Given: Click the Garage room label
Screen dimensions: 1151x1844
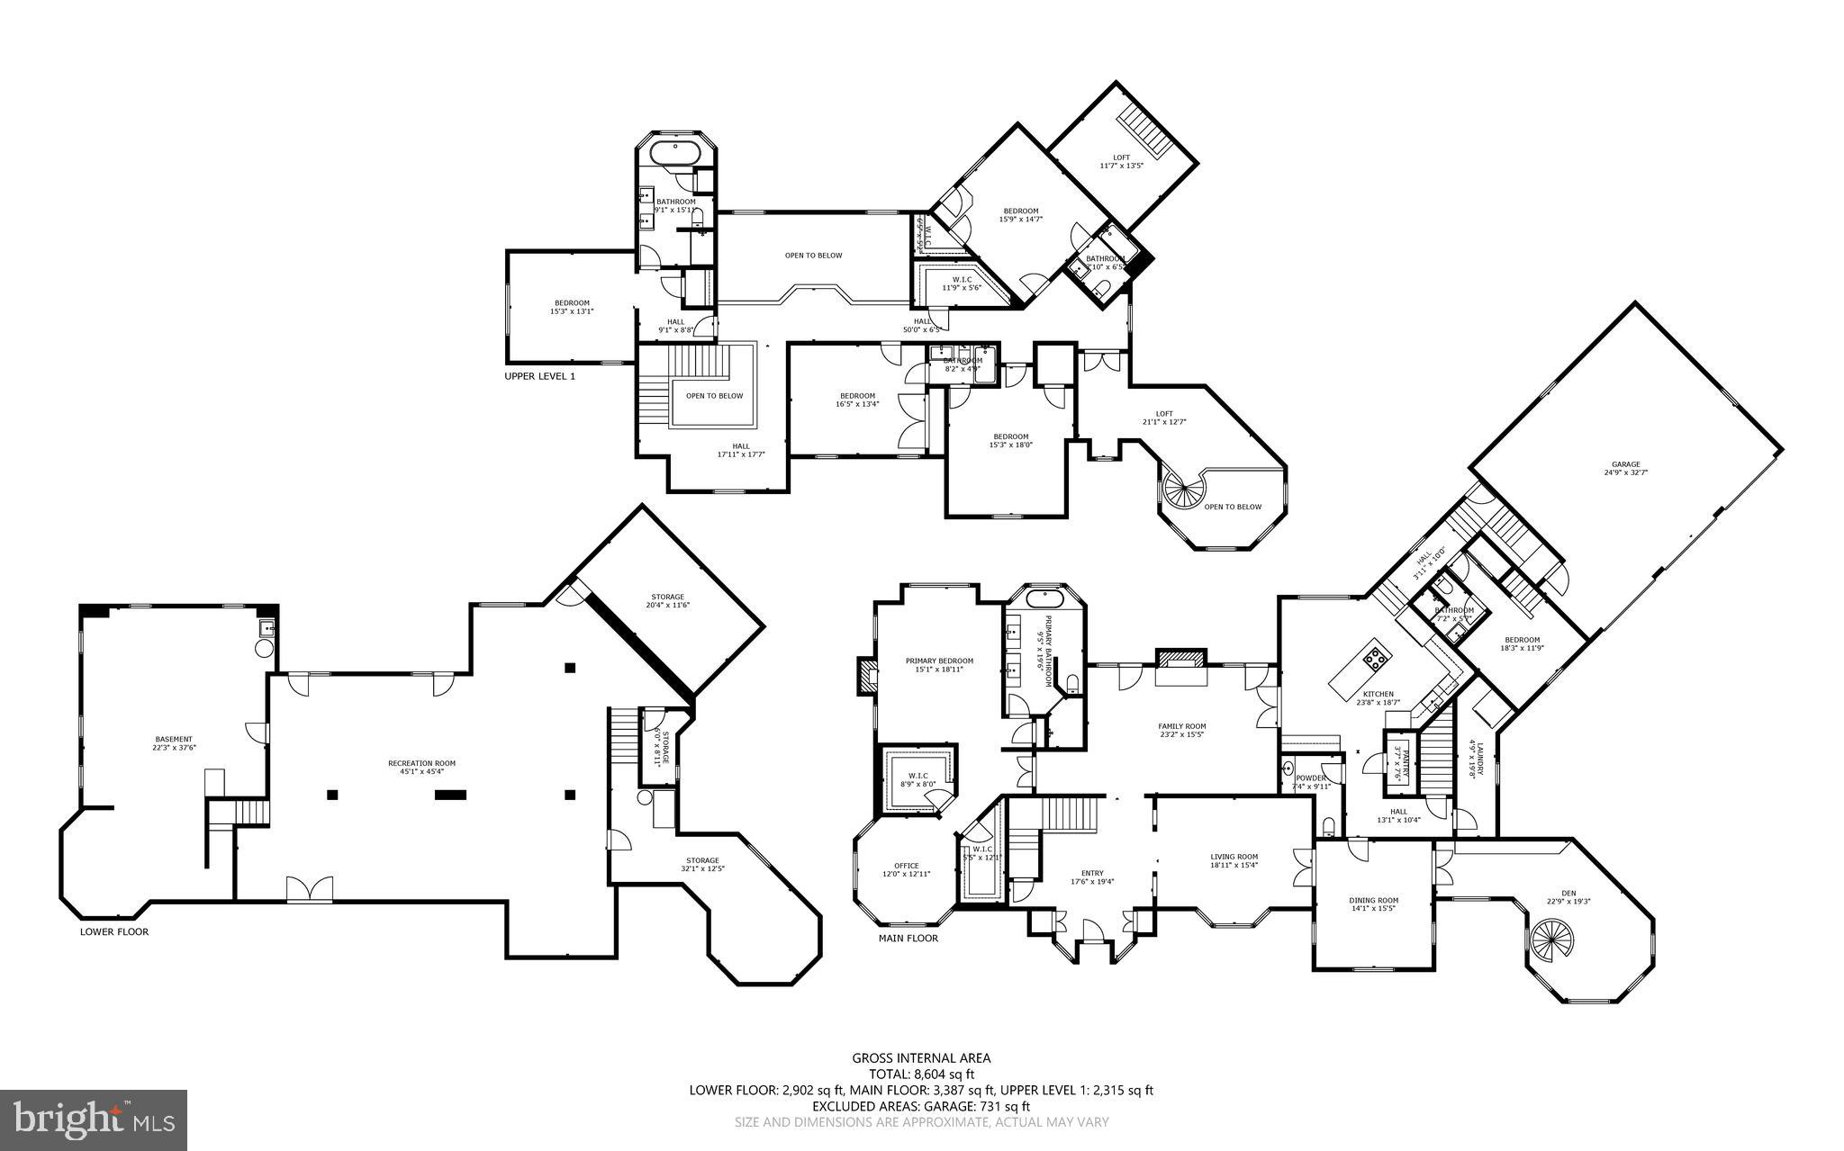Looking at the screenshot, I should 1626,464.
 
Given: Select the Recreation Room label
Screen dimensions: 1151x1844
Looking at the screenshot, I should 421,763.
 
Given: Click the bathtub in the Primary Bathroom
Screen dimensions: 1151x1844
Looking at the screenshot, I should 1044,598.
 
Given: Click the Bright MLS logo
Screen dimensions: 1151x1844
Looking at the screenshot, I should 94,1120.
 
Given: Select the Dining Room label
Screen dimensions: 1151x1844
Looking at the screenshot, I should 1373,900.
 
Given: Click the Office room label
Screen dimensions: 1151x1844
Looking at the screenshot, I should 906,866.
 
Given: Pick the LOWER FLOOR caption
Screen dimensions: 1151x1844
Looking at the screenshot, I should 114,931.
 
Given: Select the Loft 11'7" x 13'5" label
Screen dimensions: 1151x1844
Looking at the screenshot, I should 1121,161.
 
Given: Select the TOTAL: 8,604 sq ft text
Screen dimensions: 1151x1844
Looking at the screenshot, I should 921,1074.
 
